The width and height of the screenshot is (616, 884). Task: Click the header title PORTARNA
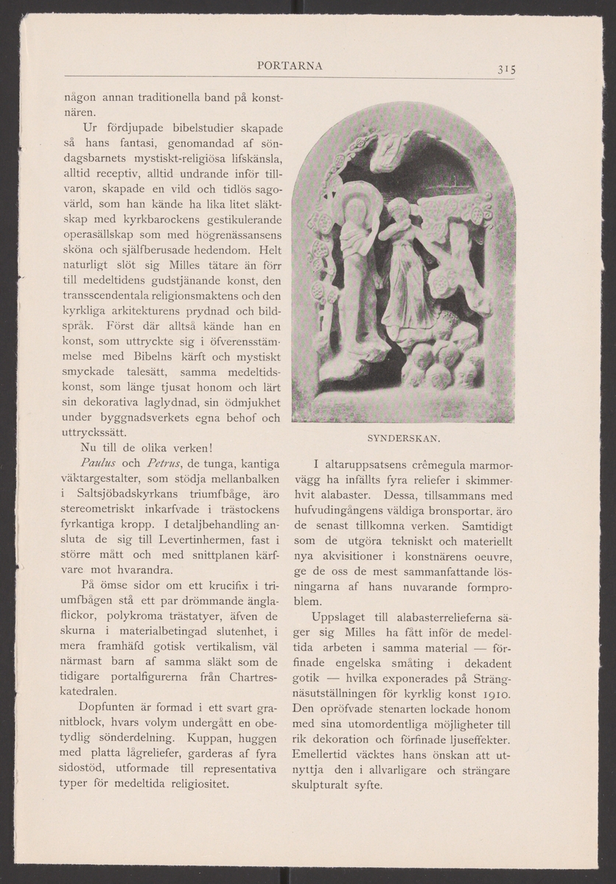[x=290, y=66]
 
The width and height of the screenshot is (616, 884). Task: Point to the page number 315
[x=505, y=70]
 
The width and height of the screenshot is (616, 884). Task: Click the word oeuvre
[x=496, y=555]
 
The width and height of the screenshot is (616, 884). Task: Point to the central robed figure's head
[x=397, y=209]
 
